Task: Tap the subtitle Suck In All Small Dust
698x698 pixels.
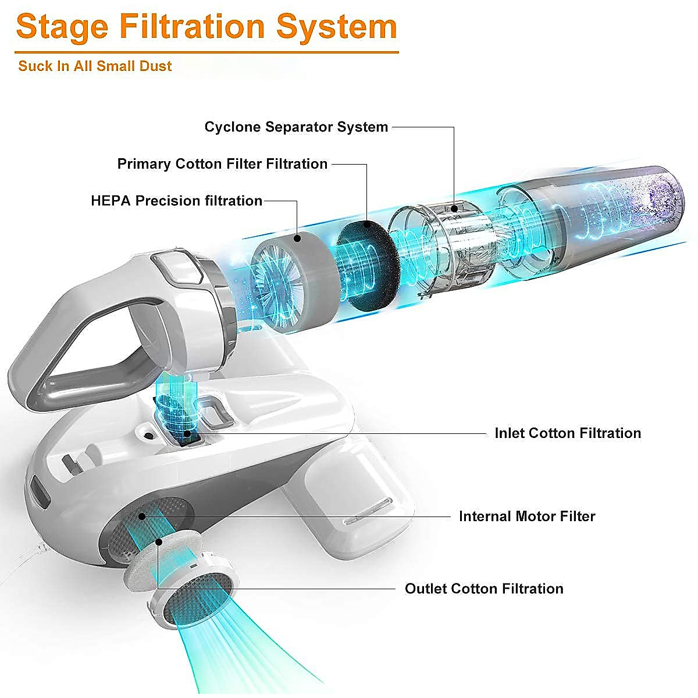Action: coord(95,66)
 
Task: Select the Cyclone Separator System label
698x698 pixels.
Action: coord(296,127)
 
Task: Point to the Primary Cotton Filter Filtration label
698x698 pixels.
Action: coord(222,163)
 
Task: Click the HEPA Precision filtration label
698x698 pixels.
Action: coord(176,201)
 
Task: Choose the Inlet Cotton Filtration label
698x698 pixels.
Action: coord(568,433)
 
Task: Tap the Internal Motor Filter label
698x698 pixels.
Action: coord(527,516)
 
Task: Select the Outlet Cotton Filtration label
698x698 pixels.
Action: coord(484,589)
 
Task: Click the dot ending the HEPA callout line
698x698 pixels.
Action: coord(297,238)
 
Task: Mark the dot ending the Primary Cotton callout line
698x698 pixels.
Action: coord(367,224)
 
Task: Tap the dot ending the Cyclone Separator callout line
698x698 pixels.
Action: coord(454,208)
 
